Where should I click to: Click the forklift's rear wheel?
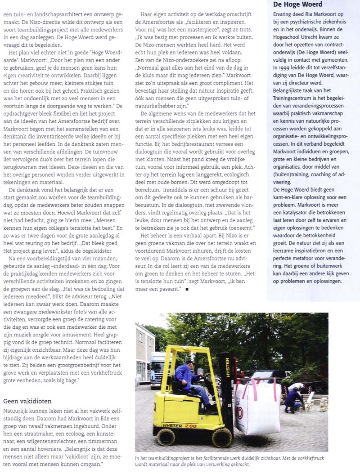[166, 436]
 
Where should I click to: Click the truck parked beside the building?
[157, 369]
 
